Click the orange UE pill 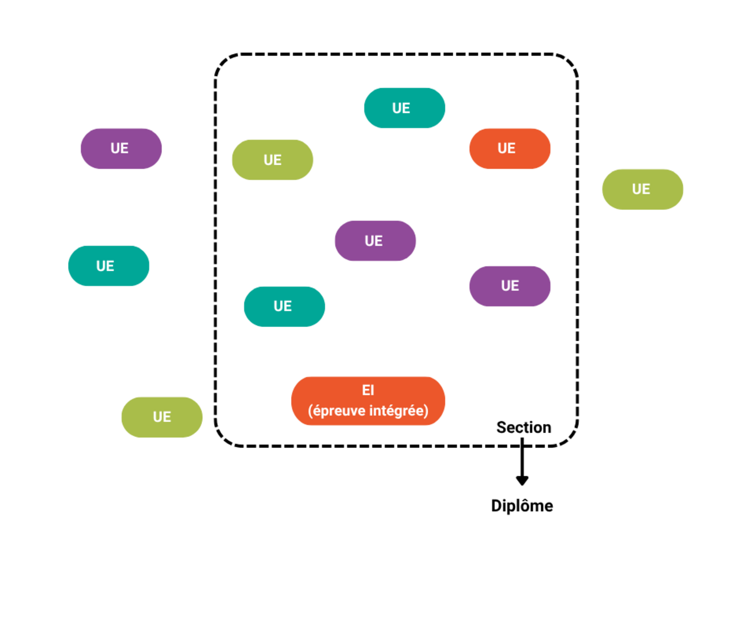click(x=509, y=148)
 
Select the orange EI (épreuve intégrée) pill click(x=368, y=401)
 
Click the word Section click(x=524, y=428)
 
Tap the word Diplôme click(x=522, y=506)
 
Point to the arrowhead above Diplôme click(x=522, y=481)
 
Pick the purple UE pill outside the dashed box click(x=121, y=148)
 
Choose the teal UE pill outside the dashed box click(x=108, y=266)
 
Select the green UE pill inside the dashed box click(x=272, y=160)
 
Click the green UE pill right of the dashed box click(x=642, y=190)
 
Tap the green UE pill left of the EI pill click(x=162, y=417)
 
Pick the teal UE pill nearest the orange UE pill click(x=404, y=108)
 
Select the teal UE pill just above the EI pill click(x=284, y=306)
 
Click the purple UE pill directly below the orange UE click(x=509, y=286)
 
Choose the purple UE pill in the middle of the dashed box click(x=375, y=240)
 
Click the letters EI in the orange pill click(x=368, y=390)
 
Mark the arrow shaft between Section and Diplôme click(x=522, y=457)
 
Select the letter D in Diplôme click(x=496, y=506)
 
